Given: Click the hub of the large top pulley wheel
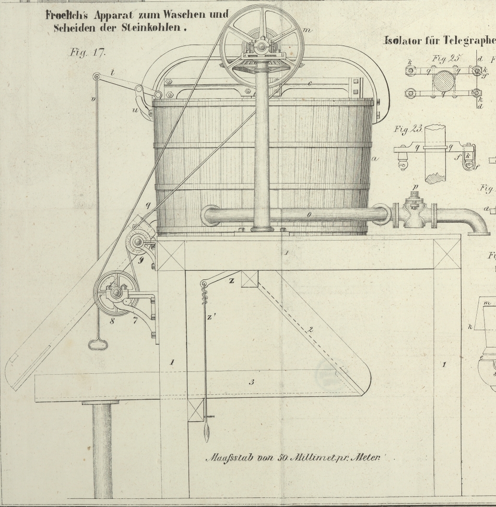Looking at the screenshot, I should [262, 46].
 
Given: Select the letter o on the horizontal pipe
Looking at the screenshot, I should [309, 215].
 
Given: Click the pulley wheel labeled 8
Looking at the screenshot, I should [116, 293].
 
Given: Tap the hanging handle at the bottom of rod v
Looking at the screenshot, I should [98, 344].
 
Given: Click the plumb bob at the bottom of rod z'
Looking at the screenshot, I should [207, 431].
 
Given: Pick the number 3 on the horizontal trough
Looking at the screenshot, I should [251, 382].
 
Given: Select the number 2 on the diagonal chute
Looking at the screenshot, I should [310, 330].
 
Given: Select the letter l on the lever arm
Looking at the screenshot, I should [112, 73].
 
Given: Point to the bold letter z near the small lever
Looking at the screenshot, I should [232, 281].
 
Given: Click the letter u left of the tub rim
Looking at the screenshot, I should [135, 111].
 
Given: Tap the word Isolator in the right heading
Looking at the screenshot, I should [402, 41].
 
